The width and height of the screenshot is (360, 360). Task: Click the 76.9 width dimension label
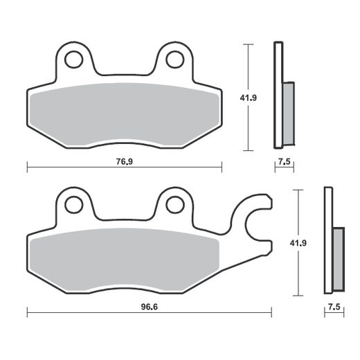point(124,162)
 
